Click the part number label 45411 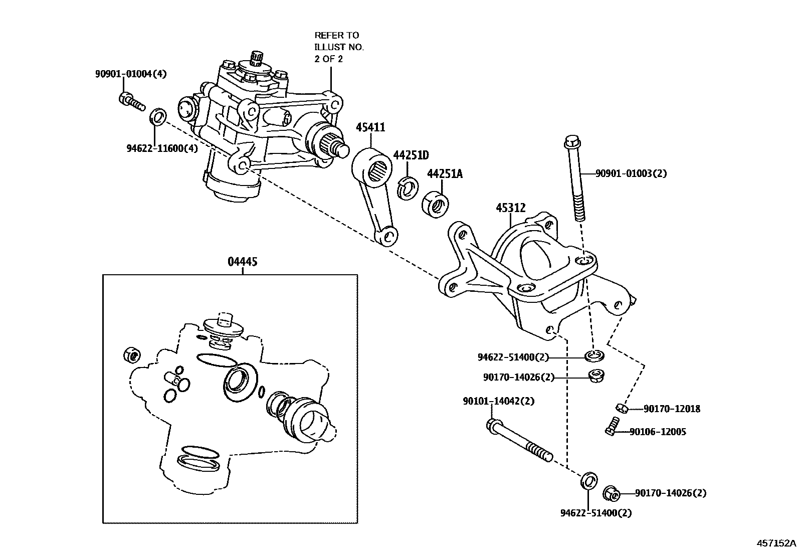coord(370,127)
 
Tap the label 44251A coord(444,174)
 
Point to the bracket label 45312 coord(511,207)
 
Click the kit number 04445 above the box coord(242,262)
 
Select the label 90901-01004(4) coord(131,74)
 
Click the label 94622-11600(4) coord(162,148)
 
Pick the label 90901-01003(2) coord(631,173)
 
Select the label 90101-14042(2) coord(498,401)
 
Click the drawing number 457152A coord(776,543)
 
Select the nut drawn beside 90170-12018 coord(621,409)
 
